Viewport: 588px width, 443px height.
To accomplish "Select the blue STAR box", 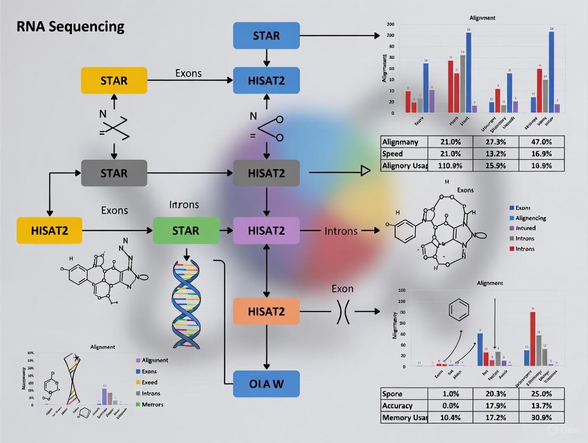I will [266, 36].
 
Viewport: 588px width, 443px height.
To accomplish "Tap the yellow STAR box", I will [113, 80].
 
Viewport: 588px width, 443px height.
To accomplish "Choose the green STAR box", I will [185, 231].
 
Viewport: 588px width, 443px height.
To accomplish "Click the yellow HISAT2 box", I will [50, 231].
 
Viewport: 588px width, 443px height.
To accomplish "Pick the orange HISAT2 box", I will [266, 311].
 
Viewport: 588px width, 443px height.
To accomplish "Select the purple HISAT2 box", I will [266, 231].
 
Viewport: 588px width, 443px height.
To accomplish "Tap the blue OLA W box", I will [266, 384].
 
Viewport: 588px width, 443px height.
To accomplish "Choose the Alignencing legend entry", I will [530, 218].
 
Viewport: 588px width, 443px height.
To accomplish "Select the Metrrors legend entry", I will [152, 405].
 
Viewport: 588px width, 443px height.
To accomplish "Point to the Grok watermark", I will [560, 429].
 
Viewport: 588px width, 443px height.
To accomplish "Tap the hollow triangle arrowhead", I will [365, 171].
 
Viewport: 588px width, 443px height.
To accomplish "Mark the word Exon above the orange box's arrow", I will [342, 289].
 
